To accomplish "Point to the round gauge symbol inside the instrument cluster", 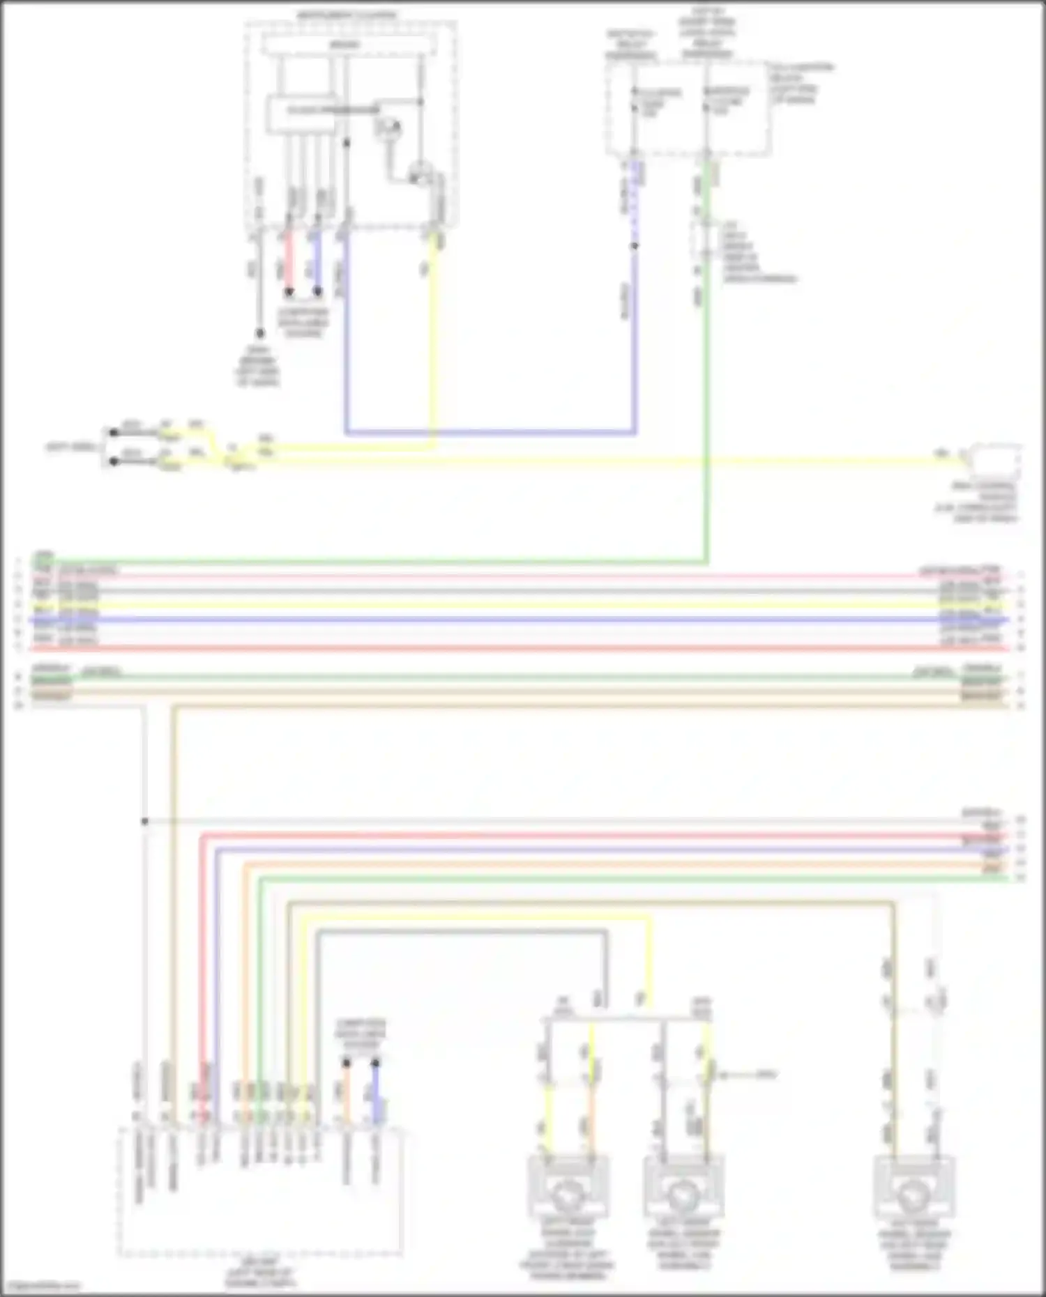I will pos(388,128).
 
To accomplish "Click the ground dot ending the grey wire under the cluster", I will pos(259,334).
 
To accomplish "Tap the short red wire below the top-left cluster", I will pos(289,261).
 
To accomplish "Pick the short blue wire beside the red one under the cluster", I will pos(317,261).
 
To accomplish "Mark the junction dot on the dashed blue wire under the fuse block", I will pos(635,246).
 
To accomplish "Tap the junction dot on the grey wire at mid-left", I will pos(145,822).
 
